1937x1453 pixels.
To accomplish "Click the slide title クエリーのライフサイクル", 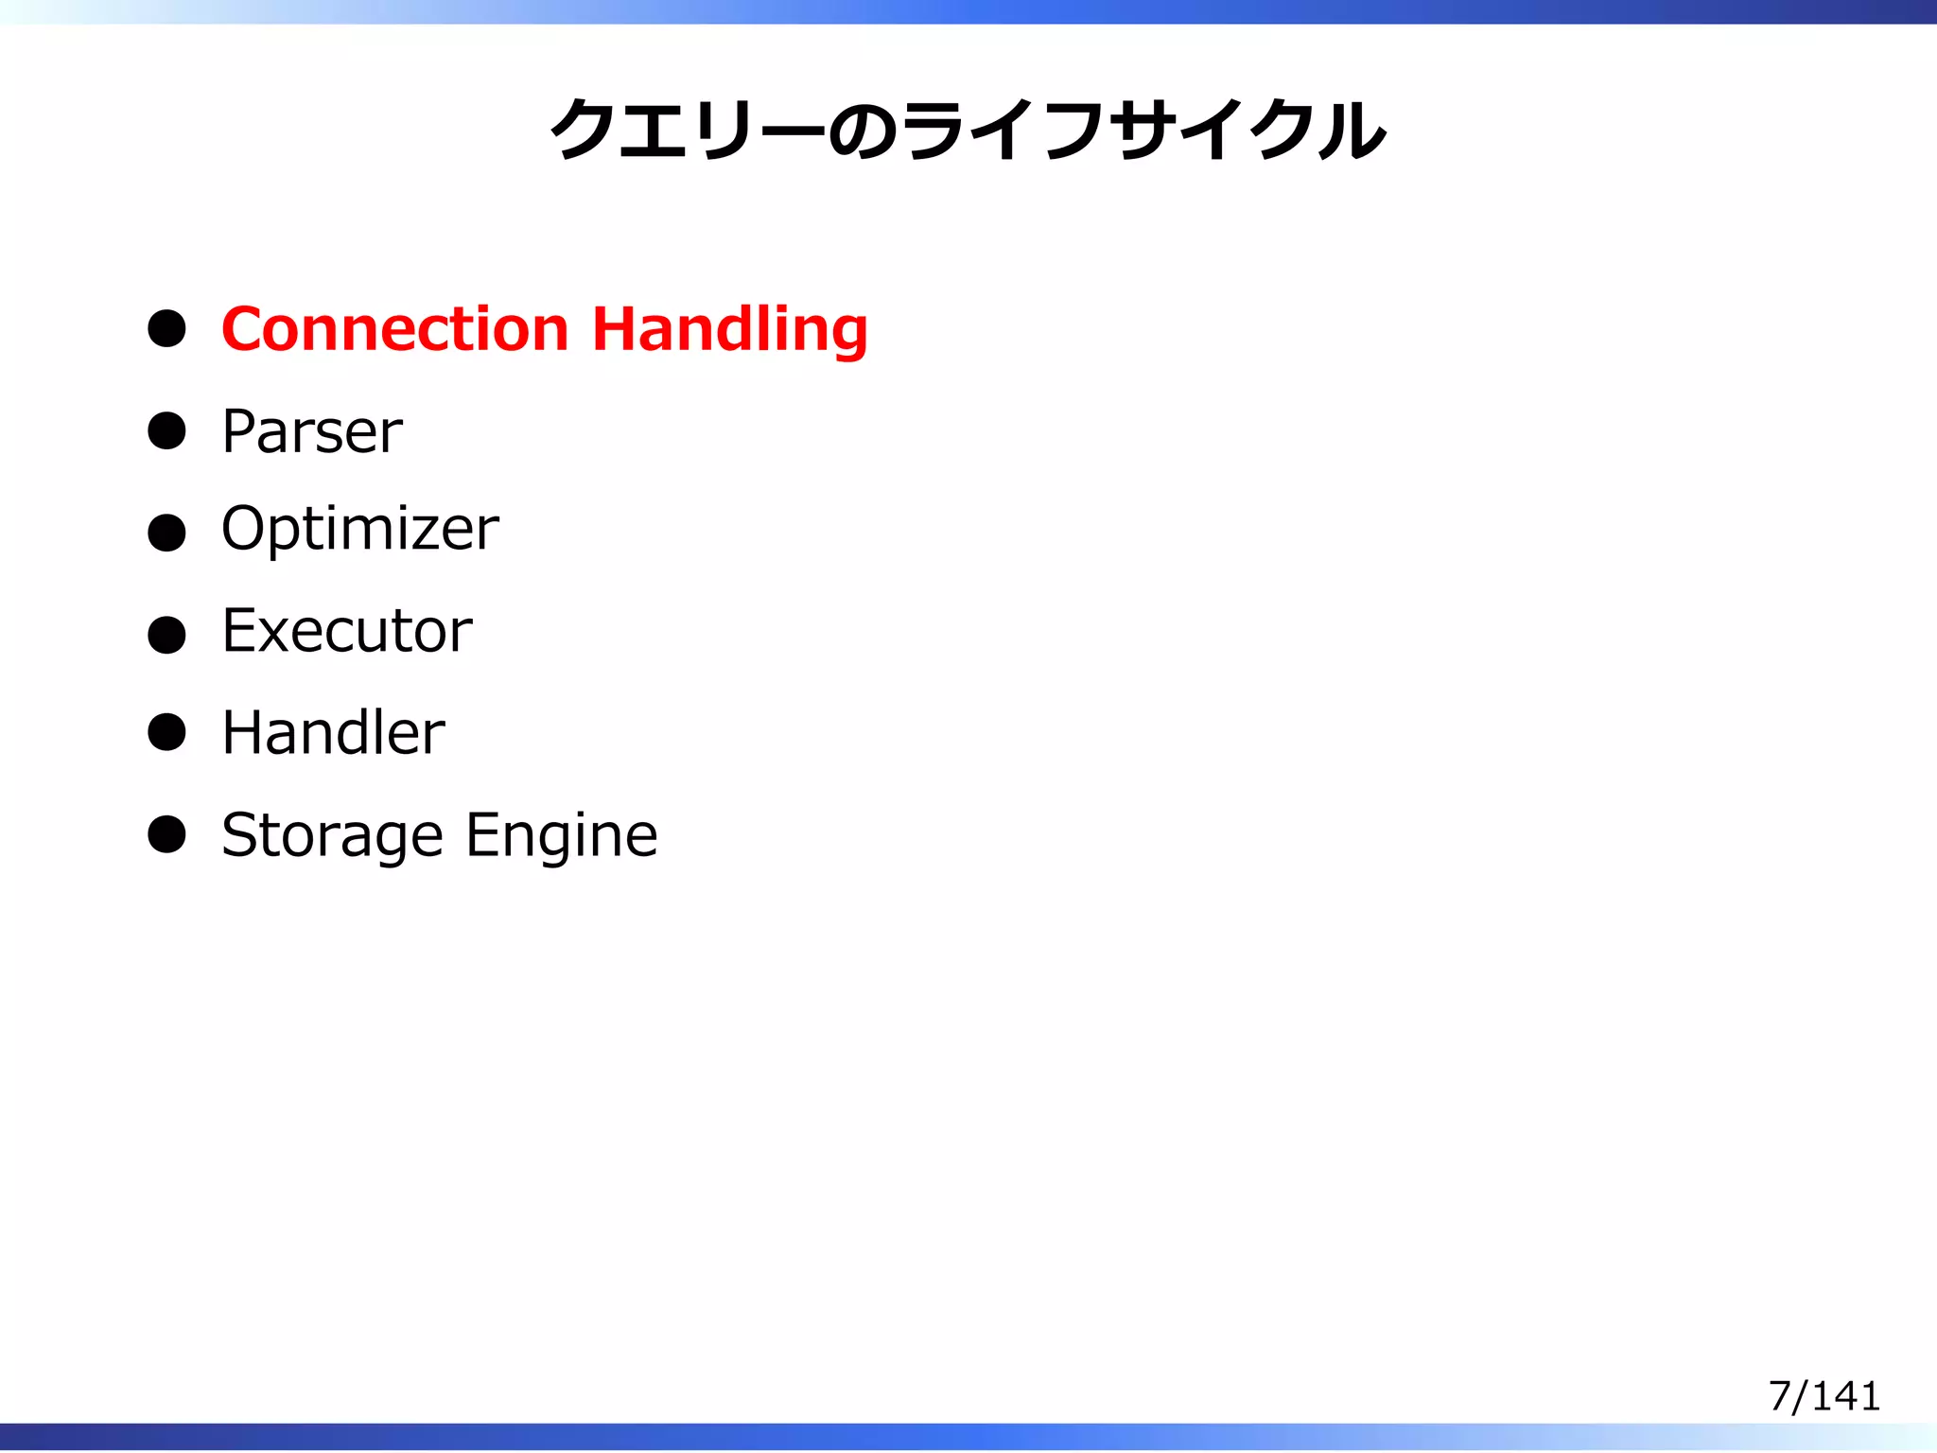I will (x=968, y=131).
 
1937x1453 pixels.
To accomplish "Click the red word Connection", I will (x=394, y=329).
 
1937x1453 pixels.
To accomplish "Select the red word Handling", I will (x=729, y=331).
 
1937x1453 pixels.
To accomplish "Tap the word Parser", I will (x=312, y=432).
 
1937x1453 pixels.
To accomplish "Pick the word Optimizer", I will (x=359, y=530).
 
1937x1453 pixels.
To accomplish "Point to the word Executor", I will (x=347, y=631).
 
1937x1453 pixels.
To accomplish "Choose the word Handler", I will (x=333, y=733).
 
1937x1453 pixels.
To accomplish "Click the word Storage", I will (x=332, y=837).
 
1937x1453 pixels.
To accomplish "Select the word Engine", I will (x=562, y=837).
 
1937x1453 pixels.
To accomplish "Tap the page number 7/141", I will (x=1824, y=1396).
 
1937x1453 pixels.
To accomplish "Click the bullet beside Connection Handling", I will (x=167, y=329).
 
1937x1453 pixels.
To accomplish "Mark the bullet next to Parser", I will (x=167, y=430).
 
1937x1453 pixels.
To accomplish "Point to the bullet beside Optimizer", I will (x=167, y=533).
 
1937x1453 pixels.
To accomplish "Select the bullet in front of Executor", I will (x=167, y=635).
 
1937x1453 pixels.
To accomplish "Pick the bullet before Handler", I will (x=167, y=733).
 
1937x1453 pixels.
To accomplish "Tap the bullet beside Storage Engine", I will (x=167, y=834).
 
